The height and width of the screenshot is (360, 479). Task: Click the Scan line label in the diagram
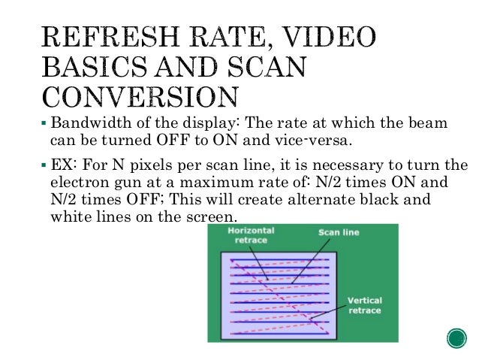[x=338, y=233]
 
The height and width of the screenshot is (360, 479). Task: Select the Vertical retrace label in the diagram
[x=364, y=306]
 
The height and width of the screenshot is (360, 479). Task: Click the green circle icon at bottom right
[x=456, y=339]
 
